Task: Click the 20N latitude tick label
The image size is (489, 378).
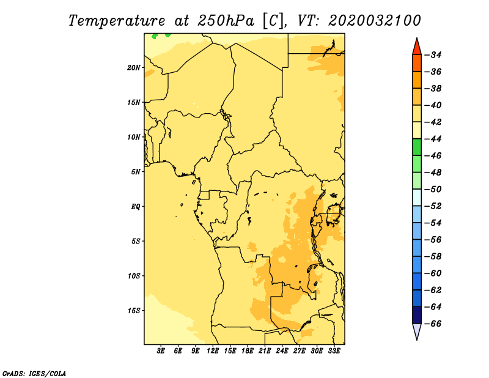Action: point(133,68)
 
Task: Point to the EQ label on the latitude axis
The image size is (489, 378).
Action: point(135,207)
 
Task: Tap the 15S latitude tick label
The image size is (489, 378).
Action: point(134,311)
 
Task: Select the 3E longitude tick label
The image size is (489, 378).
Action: point(161,351)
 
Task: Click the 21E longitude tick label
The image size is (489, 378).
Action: point(265,351)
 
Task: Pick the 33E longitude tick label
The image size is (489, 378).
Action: point(334,351)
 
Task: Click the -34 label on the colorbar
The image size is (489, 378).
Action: point(433,55)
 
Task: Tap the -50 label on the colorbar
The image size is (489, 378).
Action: point(433,189)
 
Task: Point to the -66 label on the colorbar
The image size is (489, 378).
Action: point(433,324)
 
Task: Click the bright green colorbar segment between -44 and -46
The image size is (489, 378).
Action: point(417,147)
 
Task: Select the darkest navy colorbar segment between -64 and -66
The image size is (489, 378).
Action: point(417,315)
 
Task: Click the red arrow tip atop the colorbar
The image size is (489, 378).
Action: point(417,39)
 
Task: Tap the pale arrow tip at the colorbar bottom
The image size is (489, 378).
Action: point(417,339)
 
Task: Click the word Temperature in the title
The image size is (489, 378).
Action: point(117,21)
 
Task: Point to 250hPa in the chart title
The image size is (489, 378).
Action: point(226,21)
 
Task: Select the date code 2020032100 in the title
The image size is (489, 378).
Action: point(374,21)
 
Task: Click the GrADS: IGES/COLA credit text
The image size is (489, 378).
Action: point(34,373)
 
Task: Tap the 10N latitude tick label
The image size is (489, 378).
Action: point(134,137)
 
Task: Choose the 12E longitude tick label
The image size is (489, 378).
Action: point(213,351)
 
